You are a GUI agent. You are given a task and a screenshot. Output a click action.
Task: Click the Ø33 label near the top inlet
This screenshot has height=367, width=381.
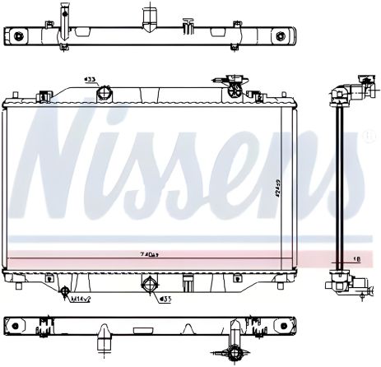(90, 80)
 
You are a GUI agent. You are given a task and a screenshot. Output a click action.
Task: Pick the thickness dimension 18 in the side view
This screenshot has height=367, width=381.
(355, 258)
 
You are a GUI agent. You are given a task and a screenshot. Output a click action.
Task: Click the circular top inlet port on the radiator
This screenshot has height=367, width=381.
(103, 92)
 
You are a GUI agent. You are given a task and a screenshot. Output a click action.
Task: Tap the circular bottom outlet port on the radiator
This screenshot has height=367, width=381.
(150, 286)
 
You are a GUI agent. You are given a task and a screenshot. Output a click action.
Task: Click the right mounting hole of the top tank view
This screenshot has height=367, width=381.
(281, 36)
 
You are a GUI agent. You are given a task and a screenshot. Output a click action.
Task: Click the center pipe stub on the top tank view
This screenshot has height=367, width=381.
(149, 16)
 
